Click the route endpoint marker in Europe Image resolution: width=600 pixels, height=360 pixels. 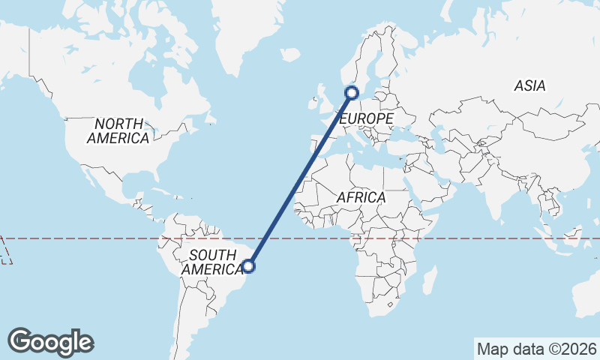coord(352,93)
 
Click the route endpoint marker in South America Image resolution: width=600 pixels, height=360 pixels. coord(249,265)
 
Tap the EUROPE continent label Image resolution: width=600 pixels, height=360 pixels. coord(366,119)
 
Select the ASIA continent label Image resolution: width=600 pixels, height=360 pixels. coord(529,86)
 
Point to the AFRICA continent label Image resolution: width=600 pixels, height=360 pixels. coord(361,197)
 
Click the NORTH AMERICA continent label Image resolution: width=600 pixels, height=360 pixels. coord(118,131)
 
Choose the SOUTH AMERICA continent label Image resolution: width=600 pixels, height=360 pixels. coord(213,262)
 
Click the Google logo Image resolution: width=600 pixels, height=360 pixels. coord(50,342)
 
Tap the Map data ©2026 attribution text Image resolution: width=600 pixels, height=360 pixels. coord(537,349)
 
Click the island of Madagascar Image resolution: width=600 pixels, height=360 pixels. coord(429,281)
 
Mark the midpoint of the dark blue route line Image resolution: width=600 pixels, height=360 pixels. coord(300,179)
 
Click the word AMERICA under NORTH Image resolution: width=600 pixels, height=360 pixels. coord(118,139)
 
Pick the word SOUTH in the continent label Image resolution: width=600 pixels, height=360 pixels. coord(213,255)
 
